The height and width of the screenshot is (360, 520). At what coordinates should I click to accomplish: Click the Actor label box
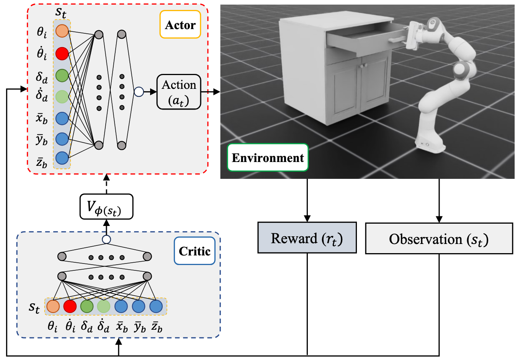180,25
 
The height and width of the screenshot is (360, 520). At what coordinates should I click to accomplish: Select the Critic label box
195,251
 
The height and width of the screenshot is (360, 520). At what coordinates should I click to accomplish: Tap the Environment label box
268,157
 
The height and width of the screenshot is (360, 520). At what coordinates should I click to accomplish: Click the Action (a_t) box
179,92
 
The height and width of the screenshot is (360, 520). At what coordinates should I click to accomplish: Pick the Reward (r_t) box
307,238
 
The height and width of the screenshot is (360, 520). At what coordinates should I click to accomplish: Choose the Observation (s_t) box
439,238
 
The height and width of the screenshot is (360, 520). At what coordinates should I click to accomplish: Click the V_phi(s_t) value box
106,206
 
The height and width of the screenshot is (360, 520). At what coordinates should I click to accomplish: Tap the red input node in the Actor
62,54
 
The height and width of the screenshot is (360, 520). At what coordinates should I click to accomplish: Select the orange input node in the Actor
62,31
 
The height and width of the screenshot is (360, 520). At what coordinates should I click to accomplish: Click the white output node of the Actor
139,92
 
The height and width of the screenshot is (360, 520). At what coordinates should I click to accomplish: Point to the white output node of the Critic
106,239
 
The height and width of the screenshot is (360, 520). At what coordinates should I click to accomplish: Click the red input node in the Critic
70,306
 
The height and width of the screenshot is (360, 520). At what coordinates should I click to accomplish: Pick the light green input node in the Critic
103,306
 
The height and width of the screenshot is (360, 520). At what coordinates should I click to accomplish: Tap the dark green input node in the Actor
62,75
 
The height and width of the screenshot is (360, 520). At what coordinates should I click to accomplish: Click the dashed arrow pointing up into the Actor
106,184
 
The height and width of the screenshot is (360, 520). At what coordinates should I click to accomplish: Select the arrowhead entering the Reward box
307,219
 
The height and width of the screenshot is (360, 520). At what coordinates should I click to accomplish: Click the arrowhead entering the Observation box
439,219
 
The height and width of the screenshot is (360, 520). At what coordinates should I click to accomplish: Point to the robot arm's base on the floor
430,144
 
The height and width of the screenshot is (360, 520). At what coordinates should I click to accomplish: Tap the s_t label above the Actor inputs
61,13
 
